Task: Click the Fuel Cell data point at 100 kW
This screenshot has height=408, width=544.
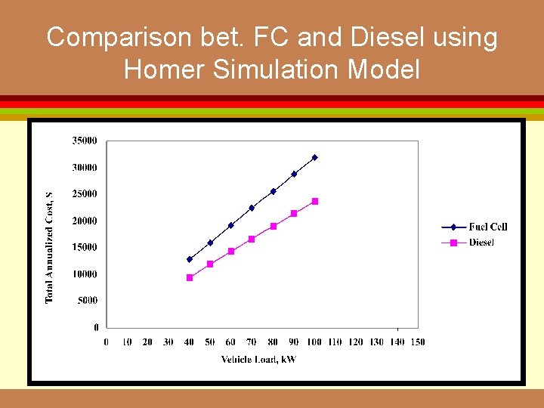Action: pos(315,157)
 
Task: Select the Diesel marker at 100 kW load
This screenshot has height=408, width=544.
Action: pos(315,201)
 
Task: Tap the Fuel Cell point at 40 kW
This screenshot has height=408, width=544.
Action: pos(190,259)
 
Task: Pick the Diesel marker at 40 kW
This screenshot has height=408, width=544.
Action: pos(190,277)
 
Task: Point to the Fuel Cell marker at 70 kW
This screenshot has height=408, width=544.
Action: pos(252,208)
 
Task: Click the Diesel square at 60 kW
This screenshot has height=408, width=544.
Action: pos(231,251)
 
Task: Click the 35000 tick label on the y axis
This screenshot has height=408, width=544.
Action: pos(85,140)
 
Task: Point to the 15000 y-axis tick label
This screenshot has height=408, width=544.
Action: pos(85,247)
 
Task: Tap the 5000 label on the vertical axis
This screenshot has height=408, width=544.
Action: pos(87,301)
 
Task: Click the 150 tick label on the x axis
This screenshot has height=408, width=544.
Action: pos(417,342)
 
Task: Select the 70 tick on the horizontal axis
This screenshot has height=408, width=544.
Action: pos(252,342)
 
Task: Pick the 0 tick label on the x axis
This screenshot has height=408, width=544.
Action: pos(107,342)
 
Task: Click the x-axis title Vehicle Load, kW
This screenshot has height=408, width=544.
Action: pos(258,360)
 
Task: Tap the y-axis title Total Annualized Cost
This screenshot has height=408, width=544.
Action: pos(50,247)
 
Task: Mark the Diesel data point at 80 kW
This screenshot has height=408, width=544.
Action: pos(274,226)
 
